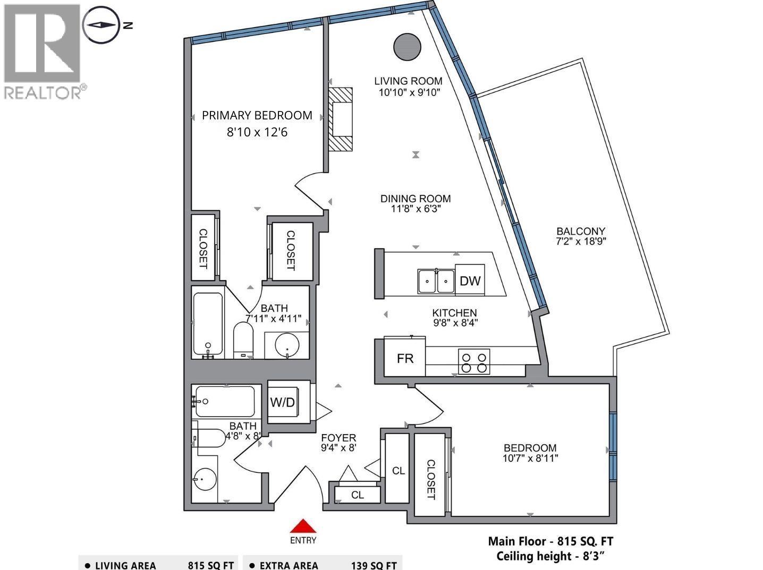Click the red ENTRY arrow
pyautogui.click(x=303, y=526)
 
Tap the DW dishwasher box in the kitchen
pyautogui.click(x=470, y=280)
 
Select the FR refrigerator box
pyautogui.click(x=405, y=359)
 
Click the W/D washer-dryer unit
pyautogui.click(x=282, y=402)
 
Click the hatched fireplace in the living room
pyautogui.click(x=340, y=119)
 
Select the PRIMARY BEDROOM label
pyautogui.click(x=257, y=116)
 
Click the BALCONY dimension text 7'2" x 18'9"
pyautogui.click(x=581, y=241)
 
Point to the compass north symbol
pyautogui.click(x=100, y=24)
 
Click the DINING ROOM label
pyautogui.click(x=416, y=198)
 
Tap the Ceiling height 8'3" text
pyautogui.click(x=550, y=556)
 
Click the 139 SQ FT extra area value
pyautogui.click(x=374, y=565)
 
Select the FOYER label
pyautogui.click(x=338, y=438)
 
